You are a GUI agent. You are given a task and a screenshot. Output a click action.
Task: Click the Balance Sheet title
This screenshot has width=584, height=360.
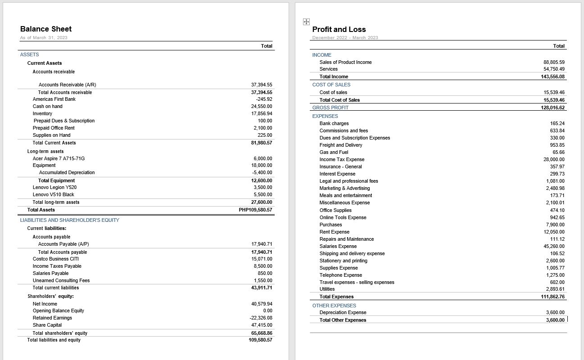(46, 29)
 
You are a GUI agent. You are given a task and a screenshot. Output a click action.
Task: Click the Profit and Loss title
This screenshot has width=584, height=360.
(339, 30)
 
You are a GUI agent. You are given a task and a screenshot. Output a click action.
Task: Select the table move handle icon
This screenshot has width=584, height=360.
(306, 22)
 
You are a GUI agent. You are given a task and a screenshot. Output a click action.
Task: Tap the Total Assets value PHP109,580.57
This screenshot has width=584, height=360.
(255, 210)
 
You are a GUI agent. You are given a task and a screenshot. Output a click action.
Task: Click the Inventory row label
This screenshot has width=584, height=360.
(42, 113)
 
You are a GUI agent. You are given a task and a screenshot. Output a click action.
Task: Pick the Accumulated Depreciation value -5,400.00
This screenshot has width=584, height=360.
(262, 172)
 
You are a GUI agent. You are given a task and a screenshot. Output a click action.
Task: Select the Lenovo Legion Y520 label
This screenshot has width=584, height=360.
(54, 187)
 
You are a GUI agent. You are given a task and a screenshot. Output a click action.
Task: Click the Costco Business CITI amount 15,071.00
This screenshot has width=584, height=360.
(262, 259)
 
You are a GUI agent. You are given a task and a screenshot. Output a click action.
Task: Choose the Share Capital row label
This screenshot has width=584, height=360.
(47, 325)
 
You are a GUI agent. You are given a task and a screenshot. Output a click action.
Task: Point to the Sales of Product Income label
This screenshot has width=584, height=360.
(345, 62)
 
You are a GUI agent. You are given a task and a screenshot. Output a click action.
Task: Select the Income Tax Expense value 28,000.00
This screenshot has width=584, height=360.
(554, 159)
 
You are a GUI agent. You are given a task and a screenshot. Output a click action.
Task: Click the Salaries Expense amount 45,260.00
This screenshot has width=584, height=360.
(554, 246)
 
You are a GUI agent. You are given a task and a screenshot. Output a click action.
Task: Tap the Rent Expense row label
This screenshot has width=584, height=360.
(334, 232)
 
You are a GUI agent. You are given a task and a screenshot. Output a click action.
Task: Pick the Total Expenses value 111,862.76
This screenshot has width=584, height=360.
(552, 297)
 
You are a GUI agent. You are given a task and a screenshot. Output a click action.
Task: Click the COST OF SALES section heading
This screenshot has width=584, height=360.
(331, 85)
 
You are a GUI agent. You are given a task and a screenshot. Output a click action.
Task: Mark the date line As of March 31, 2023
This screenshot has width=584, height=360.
(44, 37)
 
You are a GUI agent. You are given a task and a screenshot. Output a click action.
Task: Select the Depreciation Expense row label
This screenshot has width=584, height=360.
(343, 312)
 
